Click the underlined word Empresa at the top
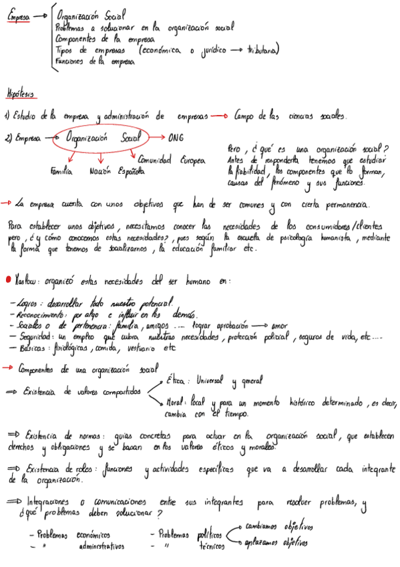click(x=18, y=20)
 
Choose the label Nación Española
click(x=116, y=171)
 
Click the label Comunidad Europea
click(x=172, y=160)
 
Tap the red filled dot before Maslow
click(x=7, y=281)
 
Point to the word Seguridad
click(x=35, y=337)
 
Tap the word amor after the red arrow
click(x=280, y=325)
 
